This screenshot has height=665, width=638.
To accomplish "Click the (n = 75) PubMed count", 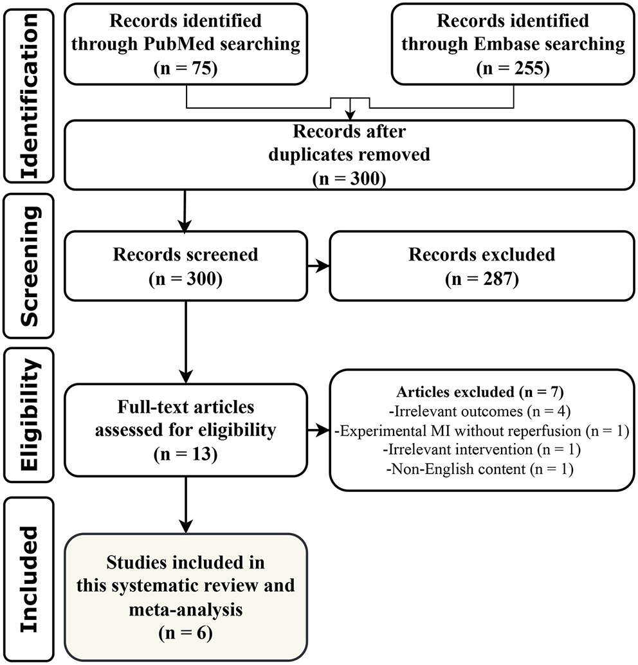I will pyautogui.click(x=186, y=68).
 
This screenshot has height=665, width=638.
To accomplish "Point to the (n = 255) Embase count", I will pyautogui.click(x=513, y=68).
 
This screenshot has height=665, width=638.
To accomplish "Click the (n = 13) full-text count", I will pyautogui.click(x=186, y=455).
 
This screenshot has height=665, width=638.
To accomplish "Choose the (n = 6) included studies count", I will pyautogui.click(x=186, y=633).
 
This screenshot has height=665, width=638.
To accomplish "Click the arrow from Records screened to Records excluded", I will pyautogui.click(x=318, y=264).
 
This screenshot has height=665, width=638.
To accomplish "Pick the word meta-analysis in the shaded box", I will pyautogui.click(x=186, y=609).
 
